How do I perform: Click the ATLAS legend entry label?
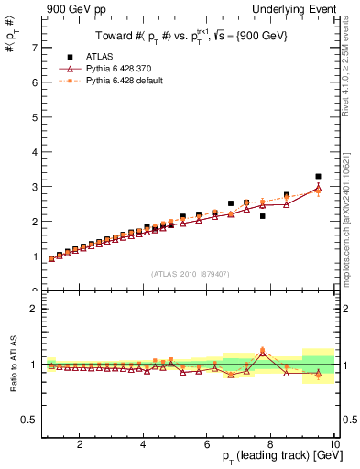pos(100,56)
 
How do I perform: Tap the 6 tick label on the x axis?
pos(207,445)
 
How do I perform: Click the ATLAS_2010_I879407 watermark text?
pos(191,273)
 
